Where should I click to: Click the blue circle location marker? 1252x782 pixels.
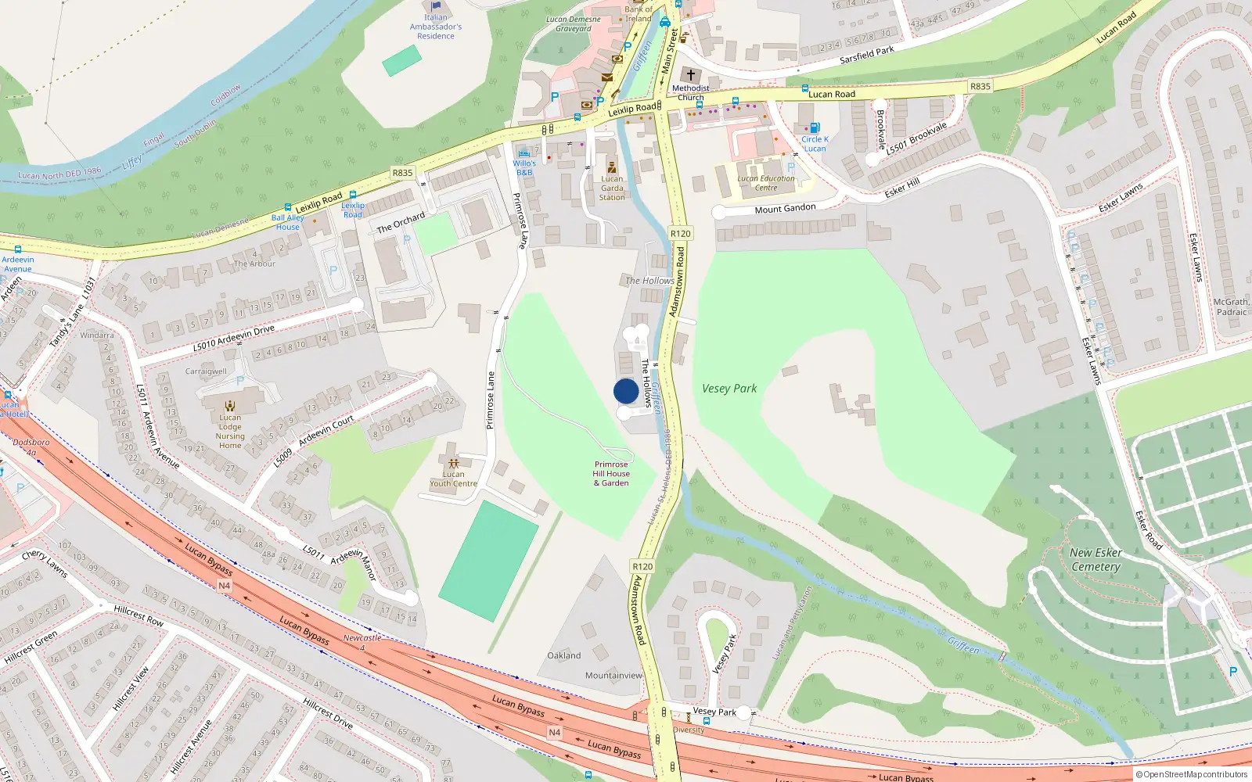click(x=626, y=391)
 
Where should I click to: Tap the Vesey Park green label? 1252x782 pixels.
click(x=729, y=389)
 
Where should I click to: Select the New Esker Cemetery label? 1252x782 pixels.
click(x=1095, y=559)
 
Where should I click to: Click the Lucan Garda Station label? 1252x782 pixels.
click(x=612, y=188)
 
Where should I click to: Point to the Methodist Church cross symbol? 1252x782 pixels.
click(x=691, y=75)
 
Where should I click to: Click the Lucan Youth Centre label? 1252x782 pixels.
click(x=453, y=479)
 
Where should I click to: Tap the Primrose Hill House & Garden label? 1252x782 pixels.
click(x=611, y=474)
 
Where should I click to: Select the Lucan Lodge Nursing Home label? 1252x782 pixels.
click(x=230, y=432)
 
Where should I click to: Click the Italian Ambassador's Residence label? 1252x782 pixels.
click(x=436, y=27)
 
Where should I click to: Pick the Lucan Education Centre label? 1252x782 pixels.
click(x=766, y=183)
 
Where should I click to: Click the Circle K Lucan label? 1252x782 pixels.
click(x=815, y=144)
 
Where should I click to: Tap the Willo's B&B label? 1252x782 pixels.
click(x=524, y=167)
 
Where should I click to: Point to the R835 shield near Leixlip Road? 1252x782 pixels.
click(x=402, y=173)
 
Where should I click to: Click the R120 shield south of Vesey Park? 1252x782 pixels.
click(x=642, y=566)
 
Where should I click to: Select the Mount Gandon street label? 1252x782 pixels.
click(x=785, y=209)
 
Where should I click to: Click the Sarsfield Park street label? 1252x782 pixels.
click(x=866, y=55)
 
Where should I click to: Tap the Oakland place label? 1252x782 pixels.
click(x=564, y=655)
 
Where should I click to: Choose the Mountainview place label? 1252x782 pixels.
click(x=613, y=676)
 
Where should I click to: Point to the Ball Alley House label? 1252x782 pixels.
click(x=287, y=222)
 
